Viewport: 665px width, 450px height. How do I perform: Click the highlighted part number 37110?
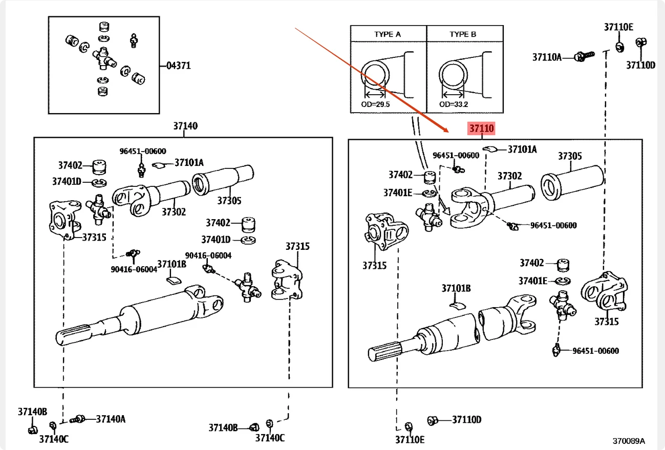(482, 128)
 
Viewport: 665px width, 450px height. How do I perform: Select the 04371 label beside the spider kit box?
(179, 66)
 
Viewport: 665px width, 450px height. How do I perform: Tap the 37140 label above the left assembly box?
(185, 126)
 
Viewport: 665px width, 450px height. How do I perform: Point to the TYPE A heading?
(388, 34)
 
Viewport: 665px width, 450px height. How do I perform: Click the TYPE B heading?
(463, 34)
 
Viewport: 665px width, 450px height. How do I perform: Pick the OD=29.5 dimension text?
(375, 104)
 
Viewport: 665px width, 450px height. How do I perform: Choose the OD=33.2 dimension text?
(454, 104)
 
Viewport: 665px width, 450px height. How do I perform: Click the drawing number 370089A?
(629, 441)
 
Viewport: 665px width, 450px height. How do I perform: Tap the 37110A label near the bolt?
(547, 57)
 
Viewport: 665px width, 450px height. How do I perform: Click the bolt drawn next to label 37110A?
(584, 56)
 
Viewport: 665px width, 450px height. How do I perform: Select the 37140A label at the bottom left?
(111, 419)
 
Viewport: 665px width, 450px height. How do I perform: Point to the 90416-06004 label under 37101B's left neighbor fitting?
(134, 269)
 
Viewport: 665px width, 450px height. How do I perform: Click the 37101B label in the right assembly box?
(456, 288)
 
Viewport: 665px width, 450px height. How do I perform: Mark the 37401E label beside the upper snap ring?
(398, 193)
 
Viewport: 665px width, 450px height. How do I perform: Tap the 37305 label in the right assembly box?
(570, 156)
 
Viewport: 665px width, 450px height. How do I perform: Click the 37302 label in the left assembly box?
(174, 212)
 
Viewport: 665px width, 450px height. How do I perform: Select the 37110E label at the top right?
(619, 27)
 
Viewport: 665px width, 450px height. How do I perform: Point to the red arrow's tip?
(448, 132)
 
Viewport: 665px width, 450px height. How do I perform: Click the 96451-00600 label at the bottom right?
(595, 351)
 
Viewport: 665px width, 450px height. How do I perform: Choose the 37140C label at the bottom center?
(270, 438)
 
